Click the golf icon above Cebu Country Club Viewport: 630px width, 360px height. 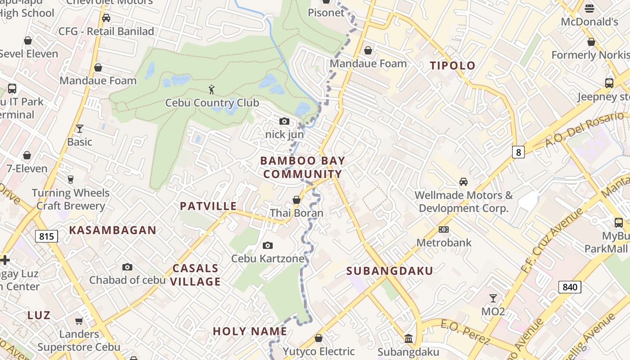(211, 90)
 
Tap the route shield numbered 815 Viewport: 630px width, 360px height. (46, 236)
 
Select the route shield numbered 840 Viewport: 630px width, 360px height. (570, 287)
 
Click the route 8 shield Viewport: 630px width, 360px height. (518, 152)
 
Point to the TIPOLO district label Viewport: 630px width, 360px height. (452, 66)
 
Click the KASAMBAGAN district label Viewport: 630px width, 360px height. (112, 230)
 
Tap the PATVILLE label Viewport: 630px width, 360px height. (208, 206)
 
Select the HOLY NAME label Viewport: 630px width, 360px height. (250, 332)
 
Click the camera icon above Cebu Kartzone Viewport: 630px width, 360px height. (268, 245)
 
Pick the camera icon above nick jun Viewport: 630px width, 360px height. (284, 121)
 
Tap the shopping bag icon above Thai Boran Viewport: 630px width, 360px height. (297, 199)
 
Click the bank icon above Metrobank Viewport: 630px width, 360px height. (444, 229)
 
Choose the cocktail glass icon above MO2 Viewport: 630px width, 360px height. (493, 298)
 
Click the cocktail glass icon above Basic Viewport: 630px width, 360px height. (80, 129)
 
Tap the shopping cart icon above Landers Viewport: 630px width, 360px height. (79, 321)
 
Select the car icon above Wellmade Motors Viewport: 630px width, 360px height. (463, 182)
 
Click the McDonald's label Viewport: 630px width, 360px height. (589, 22)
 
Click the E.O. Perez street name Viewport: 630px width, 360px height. (464, 332)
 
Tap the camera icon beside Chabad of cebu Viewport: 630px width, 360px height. (127, 267)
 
